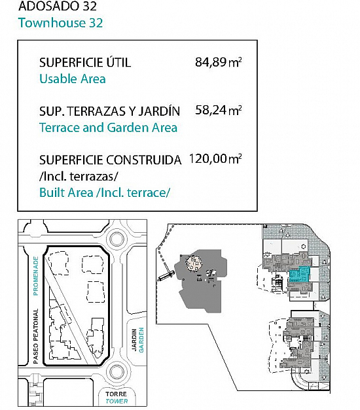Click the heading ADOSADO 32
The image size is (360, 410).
pyautogui.click(x=58, y=6)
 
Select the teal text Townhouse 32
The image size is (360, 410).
pyautogui.click(x=60, y=23)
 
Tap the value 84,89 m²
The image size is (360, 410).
pyautogui.click(x=218, y=63)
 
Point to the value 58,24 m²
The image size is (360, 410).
pyautogui.click(x=218, y=111)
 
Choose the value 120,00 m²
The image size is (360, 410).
pyautogui.click(x=215, y=158)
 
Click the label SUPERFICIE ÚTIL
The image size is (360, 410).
pyautogui.click(x=85, y=63)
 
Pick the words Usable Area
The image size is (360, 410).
pyautogui.click(x=73, y=78)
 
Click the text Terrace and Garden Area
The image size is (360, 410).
pyautogui.click(x=109, y=128)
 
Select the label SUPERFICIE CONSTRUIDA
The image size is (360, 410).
pyautogui.click(x=110, y=160)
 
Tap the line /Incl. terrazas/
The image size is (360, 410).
pyautogui.click(x=79, y=177)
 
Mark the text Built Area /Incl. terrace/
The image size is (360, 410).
pyautogui.click(x=105, y=193)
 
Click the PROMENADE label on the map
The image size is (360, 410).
pyautogui.click(x=36, y=276)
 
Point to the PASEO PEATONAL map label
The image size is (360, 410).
pyautogui.click(x=36, y=336)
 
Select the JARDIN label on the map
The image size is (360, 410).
pyautogui.click(x=134, y=339)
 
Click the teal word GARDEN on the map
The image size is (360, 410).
pyautogui.click(x=141, y=339)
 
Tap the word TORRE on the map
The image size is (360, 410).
pyautogui.click(x=117, y=394)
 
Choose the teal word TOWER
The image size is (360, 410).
pyautogui.click(x=117, y=401)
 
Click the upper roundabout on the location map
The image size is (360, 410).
pyautogui.click(x=117, y=239)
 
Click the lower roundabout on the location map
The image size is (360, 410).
pyautogui.click(x=117, y=371)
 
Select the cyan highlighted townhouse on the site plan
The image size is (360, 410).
pyautogui.click(x=300, y=274)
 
